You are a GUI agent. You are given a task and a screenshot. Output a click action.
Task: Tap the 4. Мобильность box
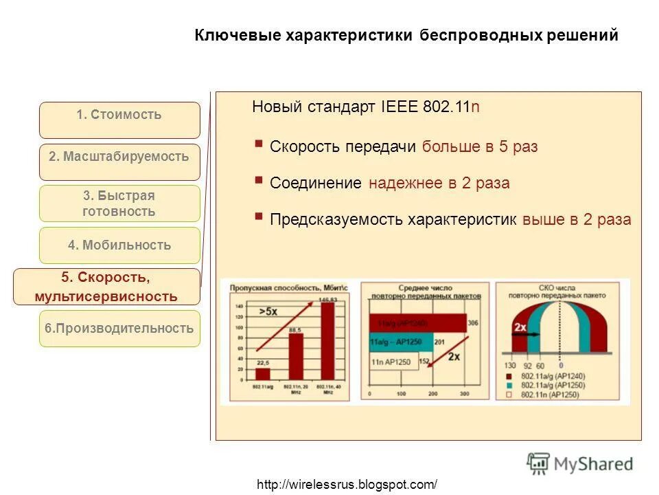click(x=119, y=245)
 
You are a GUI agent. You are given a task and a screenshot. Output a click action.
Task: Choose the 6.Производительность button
click(x=119, y=329)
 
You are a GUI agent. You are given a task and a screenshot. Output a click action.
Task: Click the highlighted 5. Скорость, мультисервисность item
click(x=106, y=287)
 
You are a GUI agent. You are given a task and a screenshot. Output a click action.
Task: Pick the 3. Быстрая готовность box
click(x=119, y=203)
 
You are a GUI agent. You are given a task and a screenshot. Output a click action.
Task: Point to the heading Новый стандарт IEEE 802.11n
click(x=366, y=107)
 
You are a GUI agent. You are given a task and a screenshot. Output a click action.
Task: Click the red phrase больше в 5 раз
click(x=480, y=146)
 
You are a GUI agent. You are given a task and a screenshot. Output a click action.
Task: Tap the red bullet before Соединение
click(x=259, y=180)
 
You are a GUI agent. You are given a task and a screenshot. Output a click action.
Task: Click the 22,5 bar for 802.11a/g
click(x=263, y=373)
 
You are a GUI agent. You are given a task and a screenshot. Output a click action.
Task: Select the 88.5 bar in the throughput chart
click(x=296, y=356)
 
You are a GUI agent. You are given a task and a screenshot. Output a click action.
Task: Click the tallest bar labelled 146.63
click(x=328, y=340)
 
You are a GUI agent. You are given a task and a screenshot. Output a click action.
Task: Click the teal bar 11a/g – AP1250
click(x=401, y=342)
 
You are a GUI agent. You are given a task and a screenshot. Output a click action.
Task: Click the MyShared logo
click(x=581, y=464)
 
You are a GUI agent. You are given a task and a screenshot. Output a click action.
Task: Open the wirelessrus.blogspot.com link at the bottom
click(x=347, y=484)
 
